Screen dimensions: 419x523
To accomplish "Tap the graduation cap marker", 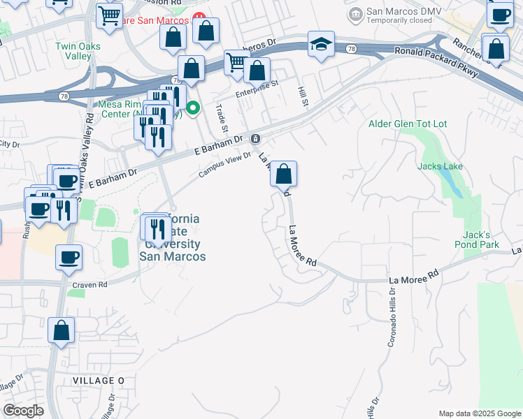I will click(320, 45).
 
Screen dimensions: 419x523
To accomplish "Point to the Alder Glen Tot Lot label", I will click(408, 124).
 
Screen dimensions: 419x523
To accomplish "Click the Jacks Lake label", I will click(440, 166).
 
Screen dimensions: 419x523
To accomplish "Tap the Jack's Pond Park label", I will click(480, 240).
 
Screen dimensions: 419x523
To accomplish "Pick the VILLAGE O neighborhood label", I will click(98, 380).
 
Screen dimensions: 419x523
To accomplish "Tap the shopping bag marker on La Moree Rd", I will click(284, 174).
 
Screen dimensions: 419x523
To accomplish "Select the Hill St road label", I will click(303, 96).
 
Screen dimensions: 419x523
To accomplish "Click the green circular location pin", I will click(194, 108).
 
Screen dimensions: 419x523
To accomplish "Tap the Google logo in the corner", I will click(23, 411).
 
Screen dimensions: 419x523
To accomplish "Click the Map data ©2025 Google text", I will click(480, 413).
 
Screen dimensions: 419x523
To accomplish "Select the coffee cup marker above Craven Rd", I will click(69, 258).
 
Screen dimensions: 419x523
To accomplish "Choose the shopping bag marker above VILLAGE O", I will click(62, 331).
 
